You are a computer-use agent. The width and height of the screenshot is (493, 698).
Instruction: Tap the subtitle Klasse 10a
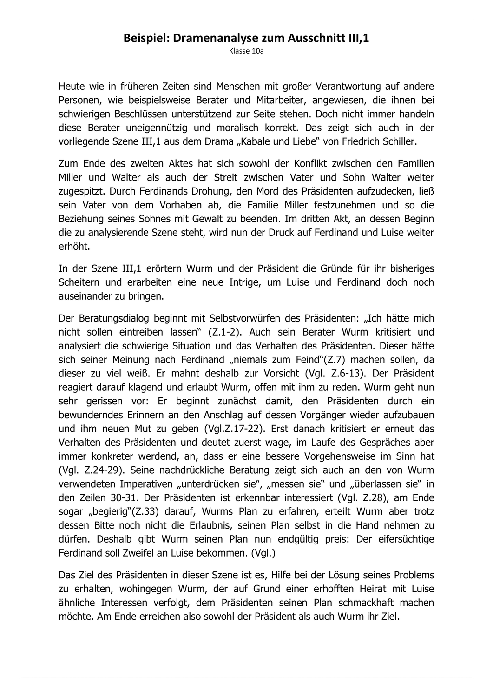246,51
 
